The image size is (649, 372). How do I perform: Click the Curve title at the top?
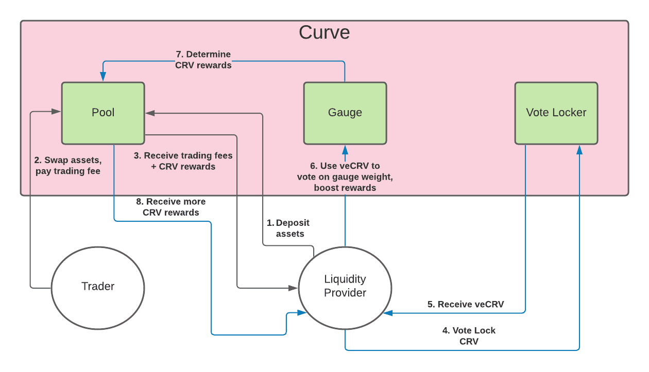[x=324, y=32]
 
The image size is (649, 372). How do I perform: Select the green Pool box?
[x=103, y=113]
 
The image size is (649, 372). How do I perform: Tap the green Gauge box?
[x=345, y=113]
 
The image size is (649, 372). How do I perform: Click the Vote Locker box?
[x=556, y=113]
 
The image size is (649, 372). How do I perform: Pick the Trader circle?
[x=98, y=287]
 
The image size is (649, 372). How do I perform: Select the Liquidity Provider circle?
[x=345, y=286]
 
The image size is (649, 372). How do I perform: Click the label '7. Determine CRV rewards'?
[x=203, y=60]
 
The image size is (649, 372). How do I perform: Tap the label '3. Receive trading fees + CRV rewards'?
[x=183, y=161]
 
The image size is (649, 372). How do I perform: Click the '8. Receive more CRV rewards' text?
[x=170, y=207]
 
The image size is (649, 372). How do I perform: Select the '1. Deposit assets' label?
[x=288, y=228]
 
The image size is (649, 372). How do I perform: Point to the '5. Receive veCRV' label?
[x=465, y=304]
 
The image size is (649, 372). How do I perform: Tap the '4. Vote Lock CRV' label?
[x=469, y=335]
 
